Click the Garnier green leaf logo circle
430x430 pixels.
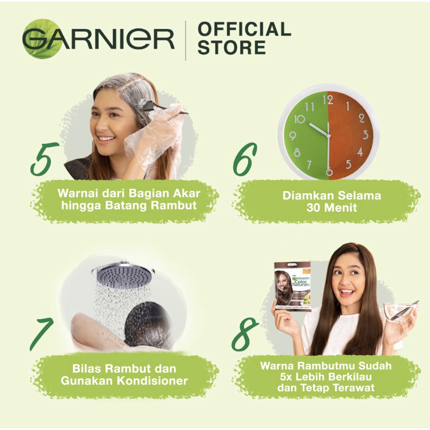click(x=42, y=39)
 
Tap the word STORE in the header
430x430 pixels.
click(x=231, y=47)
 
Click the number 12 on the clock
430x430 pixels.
click(x=328, y=100)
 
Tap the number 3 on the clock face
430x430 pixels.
click(x=365, y=135)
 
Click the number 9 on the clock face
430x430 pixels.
click(x=293, y=136)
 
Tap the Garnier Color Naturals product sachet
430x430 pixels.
click(x=292, y=286)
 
